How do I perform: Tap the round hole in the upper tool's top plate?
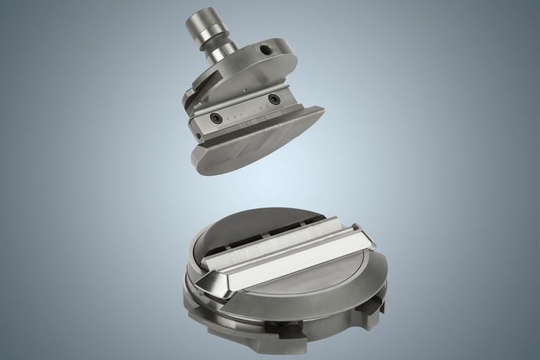265,48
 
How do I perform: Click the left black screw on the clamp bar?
217,117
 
